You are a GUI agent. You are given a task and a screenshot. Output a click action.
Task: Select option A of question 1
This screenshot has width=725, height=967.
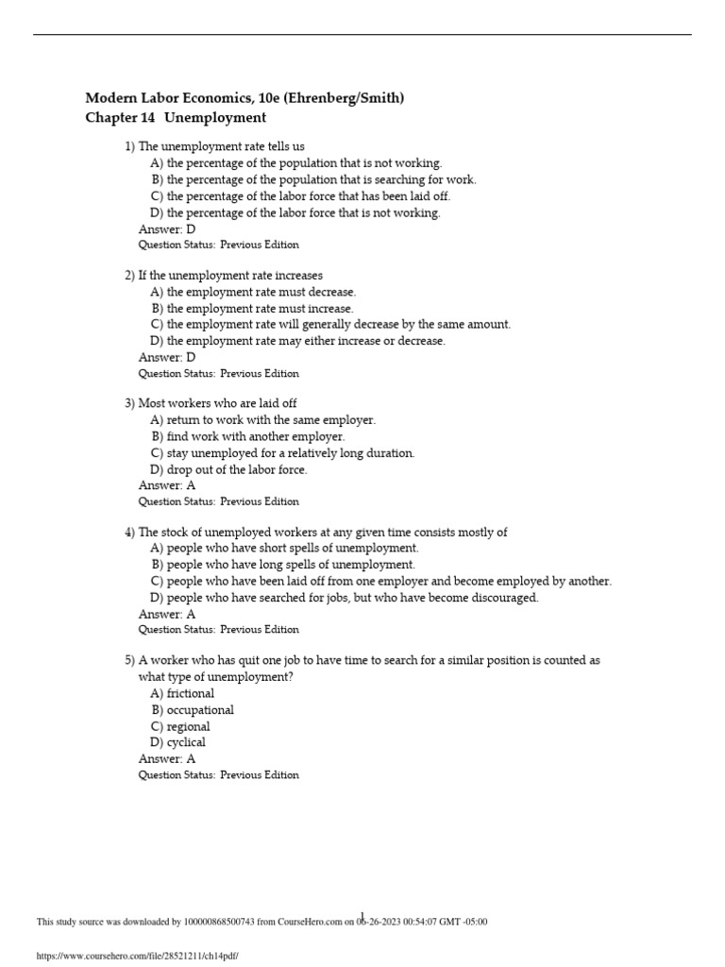[295, 163]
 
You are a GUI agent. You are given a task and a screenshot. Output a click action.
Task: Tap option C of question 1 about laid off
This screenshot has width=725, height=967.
[300, 196]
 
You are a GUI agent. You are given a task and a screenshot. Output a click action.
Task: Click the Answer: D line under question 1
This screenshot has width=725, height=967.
[166, 229]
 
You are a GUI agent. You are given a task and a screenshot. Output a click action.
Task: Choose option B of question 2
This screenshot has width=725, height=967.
[252, 308]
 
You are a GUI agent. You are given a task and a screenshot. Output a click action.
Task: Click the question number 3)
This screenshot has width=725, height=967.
[130, 403]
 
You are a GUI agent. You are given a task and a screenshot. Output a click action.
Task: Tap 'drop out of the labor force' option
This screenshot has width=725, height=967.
[237, 469]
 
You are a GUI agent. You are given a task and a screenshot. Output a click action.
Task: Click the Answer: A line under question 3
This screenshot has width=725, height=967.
[166, 485]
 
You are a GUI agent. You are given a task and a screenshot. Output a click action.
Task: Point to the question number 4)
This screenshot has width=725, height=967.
[130, 533]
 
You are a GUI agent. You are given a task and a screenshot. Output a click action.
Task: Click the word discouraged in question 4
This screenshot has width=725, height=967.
[503, 598]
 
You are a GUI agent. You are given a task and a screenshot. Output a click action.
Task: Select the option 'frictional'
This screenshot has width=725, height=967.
[190, 693]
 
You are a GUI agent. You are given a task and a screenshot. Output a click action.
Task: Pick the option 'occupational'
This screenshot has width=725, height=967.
[200, 710]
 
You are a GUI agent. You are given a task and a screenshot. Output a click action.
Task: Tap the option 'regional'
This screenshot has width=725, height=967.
[188, 727]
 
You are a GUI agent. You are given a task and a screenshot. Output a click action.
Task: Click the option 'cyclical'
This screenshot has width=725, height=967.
[186, 742]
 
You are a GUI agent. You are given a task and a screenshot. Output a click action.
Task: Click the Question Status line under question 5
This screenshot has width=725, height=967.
[218, 775]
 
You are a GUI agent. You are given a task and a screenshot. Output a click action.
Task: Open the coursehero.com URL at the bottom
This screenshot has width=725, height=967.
[137, 956]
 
